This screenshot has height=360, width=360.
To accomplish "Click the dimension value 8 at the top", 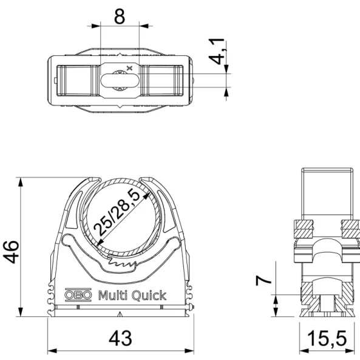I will pyautogui.click(x=119, y=16).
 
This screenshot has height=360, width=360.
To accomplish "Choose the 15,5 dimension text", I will pyautogui.click(x=331, y=339).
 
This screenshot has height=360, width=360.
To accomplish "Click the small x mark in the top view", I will pyautogui.click(x=127, y=67).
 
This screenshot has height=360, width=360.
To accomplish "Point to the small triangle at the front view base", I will pyautogui.click(x=121, y=314).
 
